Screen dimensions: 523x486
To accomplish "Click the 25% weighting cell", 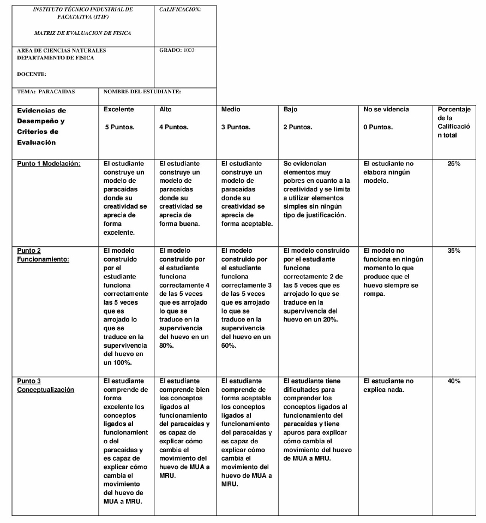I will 454,163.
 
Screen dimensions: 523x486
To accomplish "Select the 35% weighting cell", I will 454,251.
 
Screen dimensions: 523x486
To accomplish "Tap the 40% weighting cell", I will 454,381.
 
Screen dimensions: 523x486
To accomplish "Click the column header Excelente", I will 119,109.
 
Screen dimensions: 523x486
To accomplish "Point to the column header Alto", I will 165,109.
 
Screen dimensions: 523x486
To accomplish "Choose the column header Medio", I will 231,109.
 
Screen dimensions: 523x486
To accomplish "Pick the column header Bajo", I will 291,109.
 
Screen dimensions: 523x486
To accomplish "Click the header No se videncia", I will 386,109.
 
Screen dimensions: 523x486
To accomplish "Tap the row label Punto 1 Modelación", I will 49,163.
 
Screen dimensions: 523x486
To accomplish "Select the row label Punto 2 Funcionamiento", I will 43,255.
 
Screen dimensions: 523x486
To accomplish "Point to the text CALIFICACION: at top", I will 180,10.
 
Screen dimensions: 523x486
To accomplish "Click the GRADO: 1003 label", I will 177,50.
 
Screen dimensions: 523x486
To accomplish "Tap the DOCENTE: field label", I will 32,74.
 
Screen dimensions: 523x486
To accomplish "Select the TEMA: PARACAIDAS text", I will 46,91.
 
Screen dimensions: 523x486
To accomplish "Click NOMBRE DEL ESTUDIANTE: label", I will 142,91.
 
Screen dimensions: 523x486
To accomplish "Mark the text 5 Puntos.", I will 120,127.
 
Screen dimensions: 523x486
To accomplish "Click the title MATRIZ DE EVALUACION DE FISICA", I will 82,33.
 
